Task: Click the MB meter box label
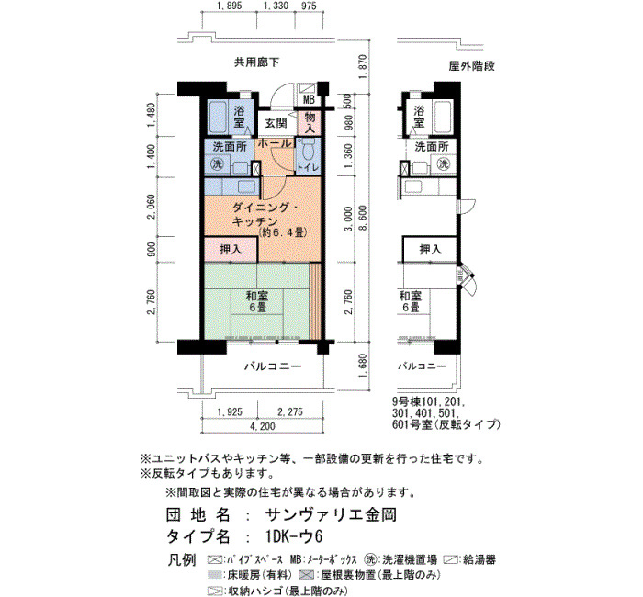309,99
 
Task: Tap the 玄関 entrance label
276,123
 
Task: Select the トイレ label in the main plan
308,167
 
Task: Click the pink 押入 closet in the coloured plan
231,249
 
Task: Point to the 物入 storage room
310,123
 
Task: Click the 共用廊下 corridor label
256,62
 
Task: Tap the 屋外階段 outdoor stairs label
471,66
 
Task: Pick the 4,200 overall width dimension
263,426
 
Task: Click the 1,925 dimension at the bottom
230,411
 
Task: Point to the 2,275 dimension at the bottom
290,411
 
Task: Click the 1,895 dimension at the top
230,6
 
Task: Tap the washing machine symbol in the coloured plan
217,164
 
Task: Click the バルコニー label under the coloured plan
273,366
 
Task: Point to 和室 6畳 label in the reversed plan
410,301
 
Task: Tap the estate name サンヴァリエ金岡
331,514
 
